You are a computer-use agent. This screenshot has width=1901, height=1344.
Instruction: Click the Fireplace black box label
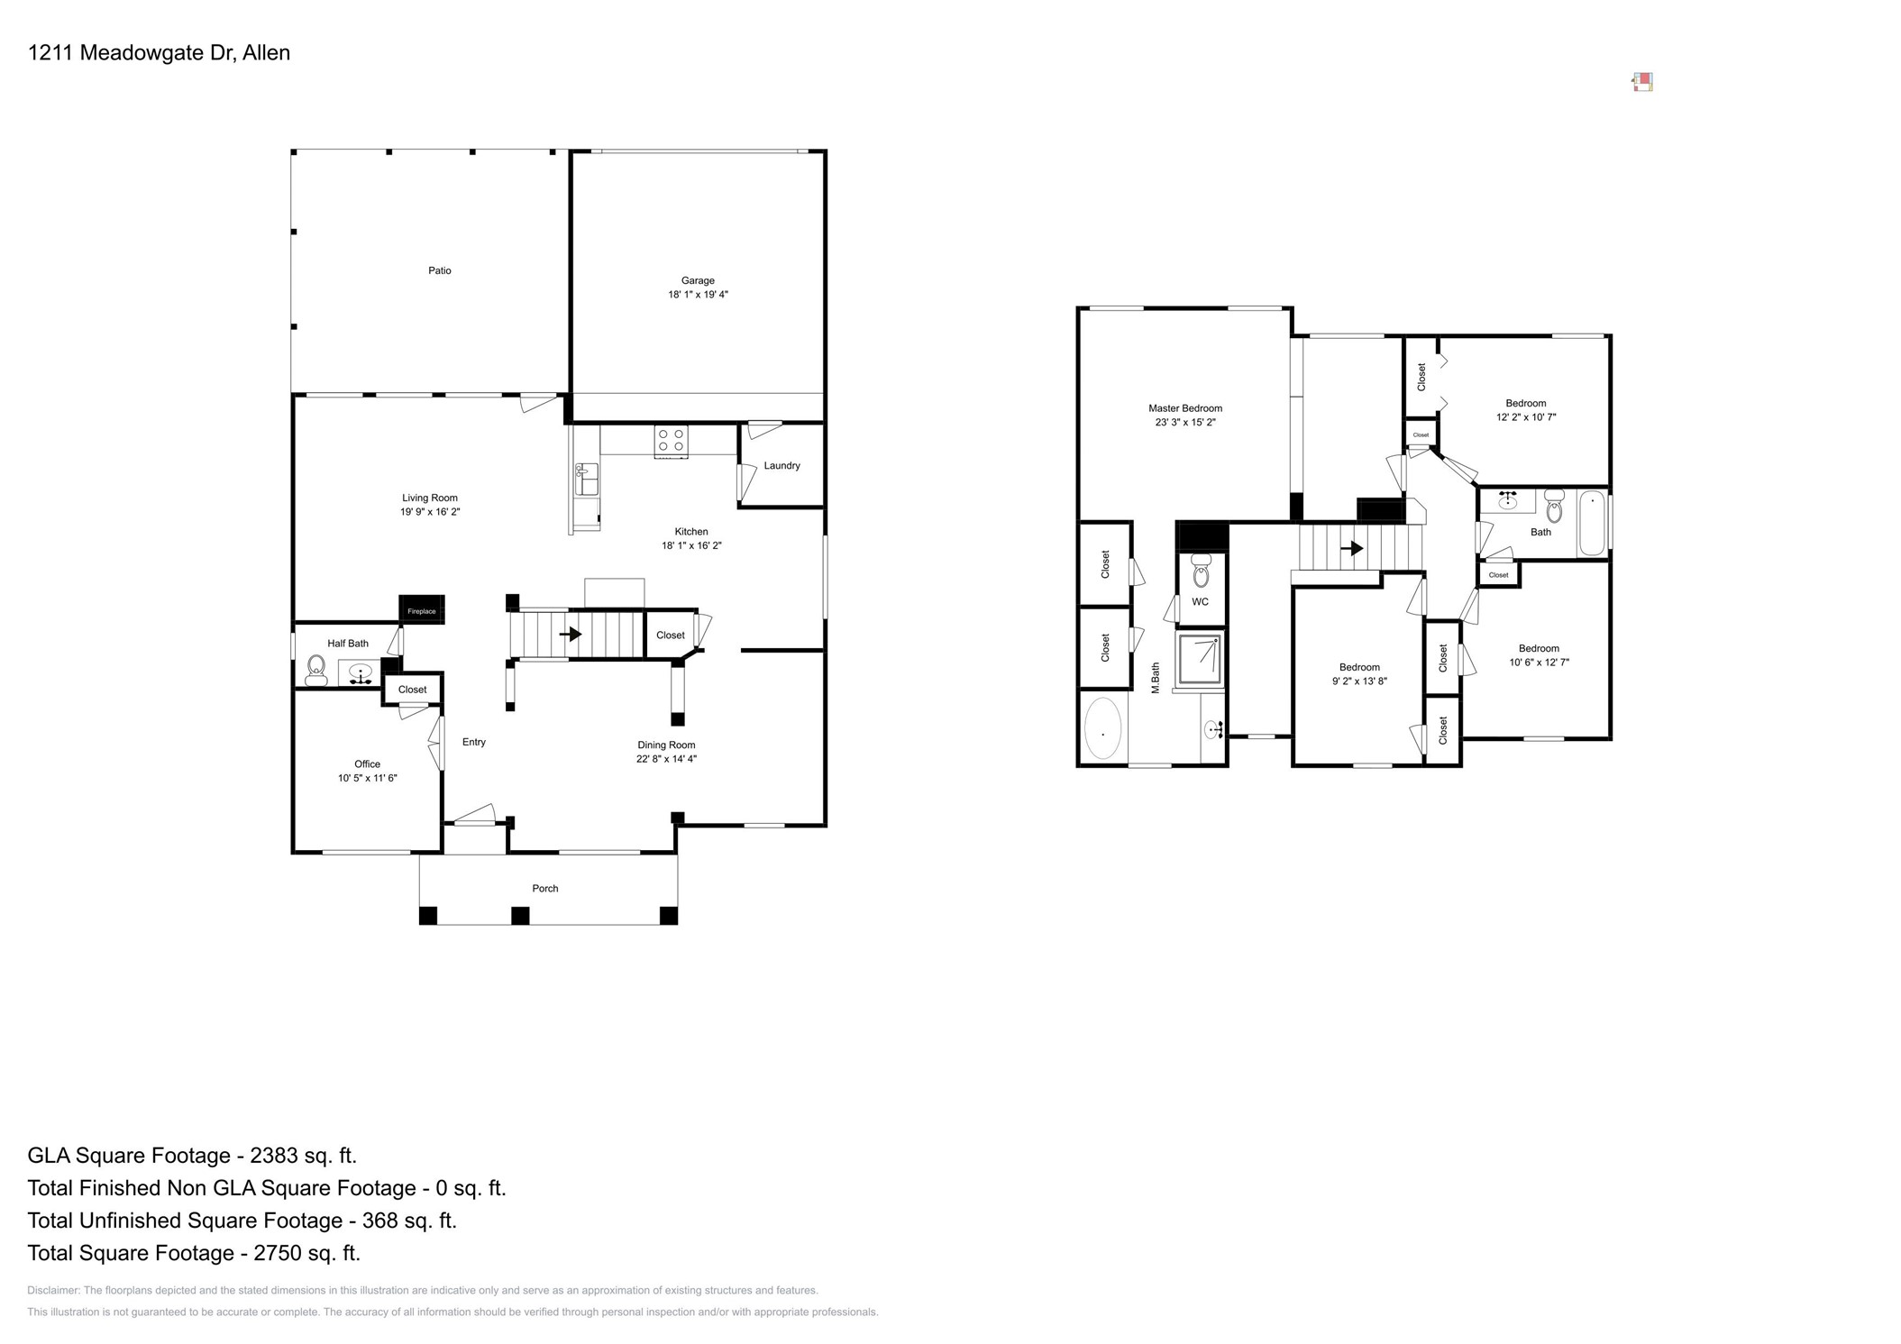point(421,610)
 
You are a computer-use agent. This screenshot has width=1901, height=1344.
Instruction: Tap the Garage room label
point(697,280)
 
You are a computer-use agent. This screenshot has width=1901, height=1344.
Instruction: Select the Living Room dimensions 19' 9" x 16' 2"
point(430,512)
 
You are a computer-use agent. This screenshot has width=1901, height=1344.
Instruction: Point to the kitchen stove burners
point(671,440)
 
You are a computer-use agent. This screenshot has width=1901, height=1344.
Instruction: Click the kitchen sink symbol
point(586,480)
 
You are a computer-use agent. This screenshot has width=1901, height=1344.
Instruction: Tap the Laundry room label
point(781,465)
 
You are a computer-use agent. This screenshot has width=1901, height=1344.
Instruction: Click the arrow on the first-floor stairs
point(570,635)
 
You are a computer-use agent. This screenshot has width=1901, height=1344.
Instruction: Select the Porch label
point(544,888)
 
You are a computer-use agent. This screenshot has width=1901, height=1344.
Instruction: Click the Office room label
point(367,763)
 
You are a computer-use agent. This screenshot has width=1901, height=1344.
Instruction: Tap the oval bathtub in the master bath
point(1102,728)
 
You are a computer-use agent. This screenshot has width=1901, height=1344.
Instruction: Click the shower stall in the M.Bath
point(1200,659)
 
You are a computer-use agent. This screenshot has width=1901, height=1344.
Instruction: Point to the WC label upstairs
point(1200,601)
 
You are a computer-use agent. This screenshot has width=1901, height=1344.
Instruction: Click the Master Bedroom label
point(1184,408)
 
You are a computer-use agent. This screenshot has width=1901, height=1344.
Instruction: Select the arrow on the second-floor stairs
point(1351,547)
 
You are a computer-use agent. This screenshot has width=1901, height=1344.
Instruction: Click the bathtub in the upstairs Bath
point(1592,522)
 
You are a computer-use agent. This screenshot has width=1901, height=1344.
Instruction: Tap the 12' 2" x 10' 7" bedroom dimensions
point(1525,417)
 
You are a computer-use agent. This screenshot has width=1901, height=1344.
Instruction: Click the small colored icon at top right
point(1642,82)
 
